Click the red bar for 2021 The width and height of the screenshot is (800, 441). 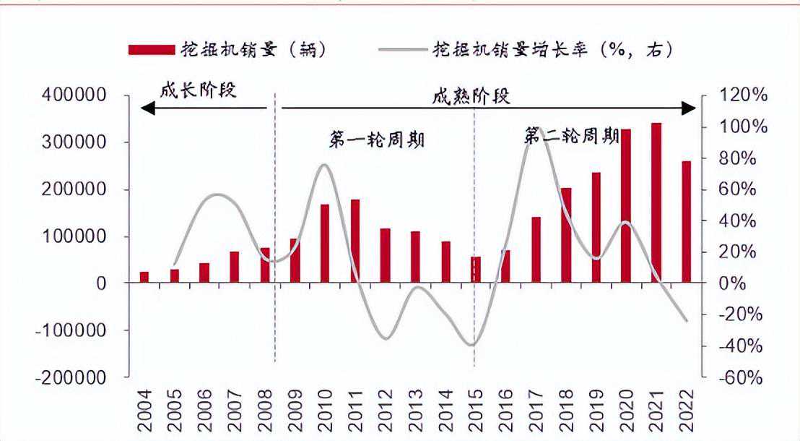(x=656, y=203)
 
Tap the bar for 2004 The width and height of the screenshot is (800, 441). (x=144, y=278)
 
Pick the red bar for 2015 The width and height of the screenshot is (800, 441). (x=475, y=270)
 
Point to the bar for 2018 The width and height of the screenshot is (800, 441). (x=565, y=236)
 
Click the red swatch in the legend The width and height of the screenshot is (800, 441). (x=152, y=49)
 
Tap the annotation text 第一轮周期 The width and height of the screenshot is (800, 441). (x=376, y=140)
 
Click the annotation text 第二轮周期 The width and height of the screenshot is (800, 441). (x=571, y=135)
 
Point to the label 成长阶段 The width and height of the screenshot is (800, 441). (x=198, y=92)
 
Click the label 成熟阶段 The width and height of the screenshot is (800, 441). (x=471, y=97)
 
